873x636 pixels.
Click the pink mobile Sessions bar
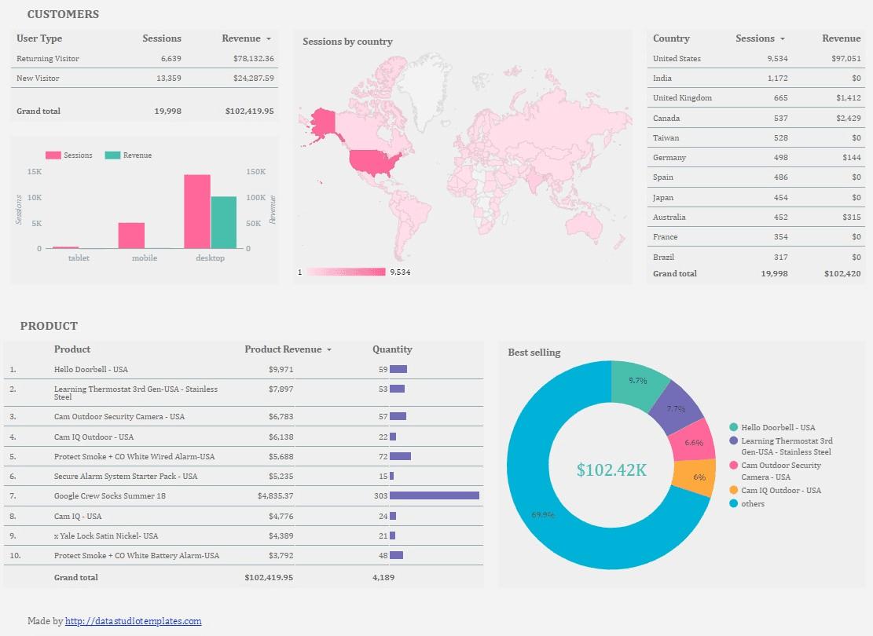(131, 236)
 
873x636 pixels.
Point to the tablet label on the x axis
(79, 258)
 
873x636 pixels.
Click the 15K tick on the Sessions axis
(34, 172)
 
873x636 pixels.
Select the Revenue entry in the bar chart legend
(137, 155)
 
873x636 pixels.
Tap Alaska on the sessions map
(323, 122)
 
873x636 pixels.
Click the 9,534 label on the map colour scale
(400, 272)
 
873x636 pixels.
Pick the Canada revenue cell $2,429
(848, 119)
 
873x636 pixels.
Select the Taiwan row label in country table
(666, 138)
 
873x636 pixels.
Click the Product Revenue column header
(283, 349)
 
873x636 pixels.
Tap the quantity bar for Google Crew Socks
(434, 496)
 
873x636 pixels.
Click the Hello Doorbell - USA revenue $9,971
(281, 369)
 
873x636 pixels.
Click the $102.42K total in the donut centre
(611, 470)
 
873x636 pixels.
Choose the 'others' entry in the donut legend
(752, 504)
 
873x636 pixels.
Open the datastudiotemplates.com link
(133, 621)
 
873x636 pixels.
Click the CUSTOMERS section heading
(63, 14)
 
